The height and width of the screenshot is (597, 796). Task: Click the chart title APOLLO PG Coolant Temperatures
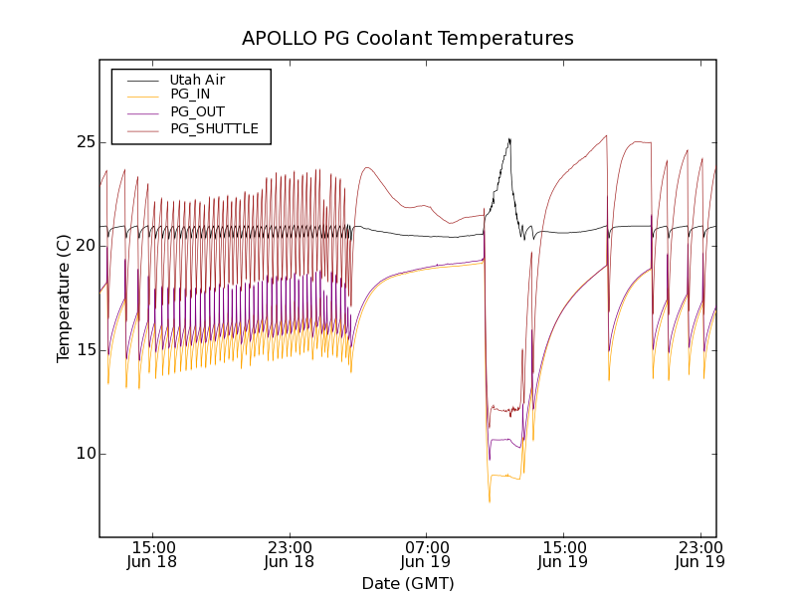[x=408, y=39]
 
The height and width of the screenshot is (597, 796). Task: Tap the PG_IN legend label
[x=190, y=95]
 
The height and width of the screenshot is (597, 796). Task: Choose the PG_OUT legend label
[x=197, y=111]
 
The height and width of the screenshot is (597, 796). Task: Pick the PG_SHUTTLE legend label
[x=214, y=128]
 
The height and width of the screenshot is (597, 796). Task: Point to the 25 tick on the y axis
[x=85, y=142]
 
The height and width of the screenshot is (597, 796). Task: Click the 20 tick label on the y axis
[x=85, y=246]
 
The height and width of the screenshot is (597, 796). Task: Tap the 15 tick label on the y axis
[x=85, y=350]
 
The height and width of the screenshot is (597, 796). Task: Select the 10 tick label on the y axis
[x=85, y=454]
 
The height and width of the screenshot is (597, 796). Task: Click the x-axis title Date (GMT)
[x=408, y=583]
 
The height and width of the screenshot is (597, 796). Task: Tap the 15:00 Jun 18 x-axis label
[x=154, y=554]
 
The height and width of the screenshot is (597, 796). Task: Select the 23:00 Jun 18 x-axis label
[x=291, y=554]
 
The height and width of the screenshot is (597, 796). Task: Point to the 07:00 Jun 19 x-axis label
[x=427, y=554]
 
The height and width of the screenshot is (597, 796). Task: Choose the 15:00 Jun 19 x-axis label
[x=563, y=554]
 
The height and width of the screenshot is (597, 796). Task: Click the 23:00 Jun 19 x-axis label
[x=698, y=554]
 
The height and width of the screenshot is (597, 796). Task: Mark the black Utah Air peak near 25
[x=509, y=139]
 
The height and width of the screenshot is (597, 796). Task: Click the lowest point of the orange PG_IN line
[x=490, y=501]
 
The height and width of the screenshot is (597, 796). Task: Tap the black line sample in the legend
[x=142, y=80]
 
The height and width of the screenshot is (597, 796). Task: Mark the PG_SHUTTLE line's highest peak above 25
[x=606, y=135]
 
